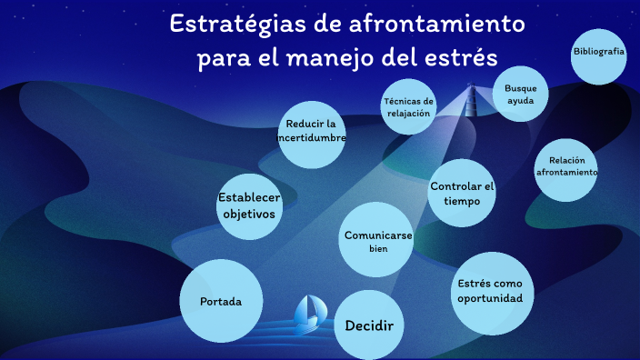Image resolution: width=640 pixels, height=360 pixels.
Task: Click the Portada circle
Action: coord(222,301)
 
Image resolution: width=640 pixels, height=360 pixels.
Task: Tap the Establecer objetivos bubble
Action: coord(249,206)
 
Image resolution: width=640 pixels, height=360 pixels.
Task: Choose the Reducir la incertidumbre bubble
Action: coord(312,133)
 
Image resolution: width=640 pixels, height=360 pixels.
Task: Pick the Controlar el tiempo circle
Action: coord(462,193)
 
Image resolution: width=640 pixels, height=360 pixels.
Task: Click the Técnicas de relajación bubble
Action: coord(408,107)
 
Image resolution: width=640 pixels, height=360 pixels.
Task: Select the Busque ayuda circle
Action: coord(521,95)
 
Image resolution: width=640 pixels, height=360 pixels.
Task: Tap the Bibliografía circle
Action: coord(599,53)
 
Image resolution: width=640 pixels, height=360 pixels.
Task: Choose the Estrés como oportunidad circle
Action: coord(491,292)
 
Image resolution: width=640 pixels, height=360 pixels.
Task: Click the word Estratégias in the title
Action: coord(230,24)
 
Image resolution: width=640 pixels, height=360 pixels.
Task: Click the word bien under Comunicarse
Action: coord(378,249)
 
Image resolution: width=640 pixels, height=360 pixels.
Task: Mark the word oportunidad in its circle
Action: coord(491,299)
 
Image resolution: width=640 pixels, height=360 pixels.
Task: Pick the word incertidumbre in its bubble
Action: coord(312,138)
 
